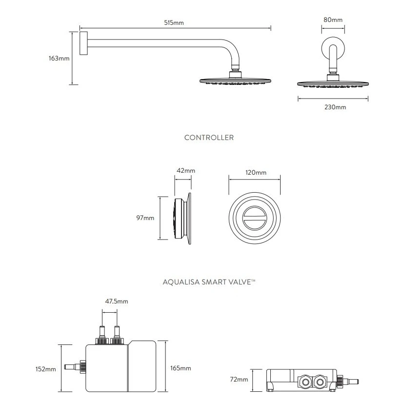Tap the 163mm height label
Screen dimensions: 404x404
coord(59,59)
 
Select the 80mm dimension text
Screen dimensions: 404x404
coord(333,20)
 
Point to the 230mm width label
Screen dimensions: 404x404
coord(335,107)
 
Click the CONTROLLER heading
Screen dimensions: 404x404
coord(209,138)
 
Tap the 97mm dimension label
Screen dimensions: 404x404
coord(145,218)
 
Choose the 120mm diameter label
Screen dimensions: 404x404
coord(255,173)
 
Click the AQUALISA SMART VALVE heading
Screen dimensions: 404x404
coord(209,282)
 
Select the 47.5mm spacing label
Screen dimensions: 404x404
coord(117,302)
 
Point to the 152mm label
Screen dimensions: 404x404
coord(46,369)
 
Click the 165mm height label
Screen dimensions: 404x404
coord(181,368)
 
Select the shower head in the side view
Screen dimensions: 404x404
coord(236,81)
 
